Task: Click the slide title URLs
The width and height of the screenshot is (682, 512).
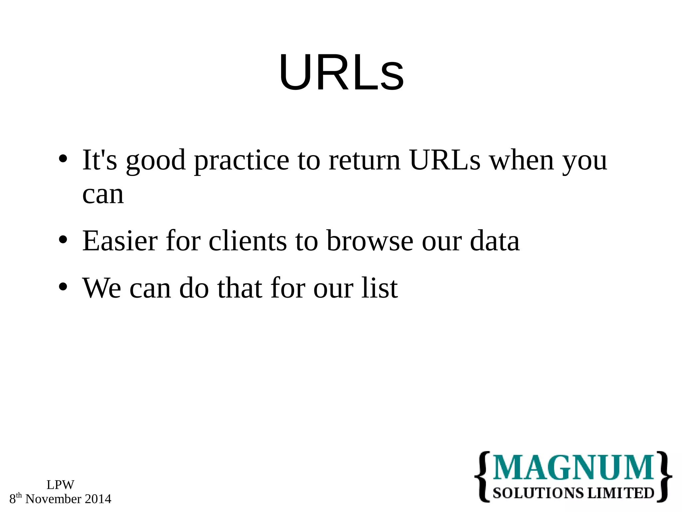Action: point(341,72)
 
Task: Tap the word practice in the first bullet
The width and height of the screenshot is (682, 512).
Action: point(241,161)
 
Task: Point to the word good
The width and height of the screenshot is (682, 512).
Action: point(156,161)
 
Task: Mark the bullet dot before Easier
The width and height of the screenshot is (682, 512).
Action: point(63,240)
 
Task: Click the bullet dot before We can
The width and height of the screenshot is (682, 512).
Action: point(63,287)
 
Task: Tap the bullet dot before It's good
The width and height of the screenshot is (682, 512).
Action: point(63,159)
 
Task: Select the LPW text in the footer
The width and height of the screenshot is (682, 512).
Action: point(60,485)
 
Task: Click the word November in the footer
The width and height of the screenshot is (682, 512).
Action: point(53,499)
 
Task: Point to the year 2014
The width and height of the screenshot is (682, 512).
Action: point(98,499)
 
